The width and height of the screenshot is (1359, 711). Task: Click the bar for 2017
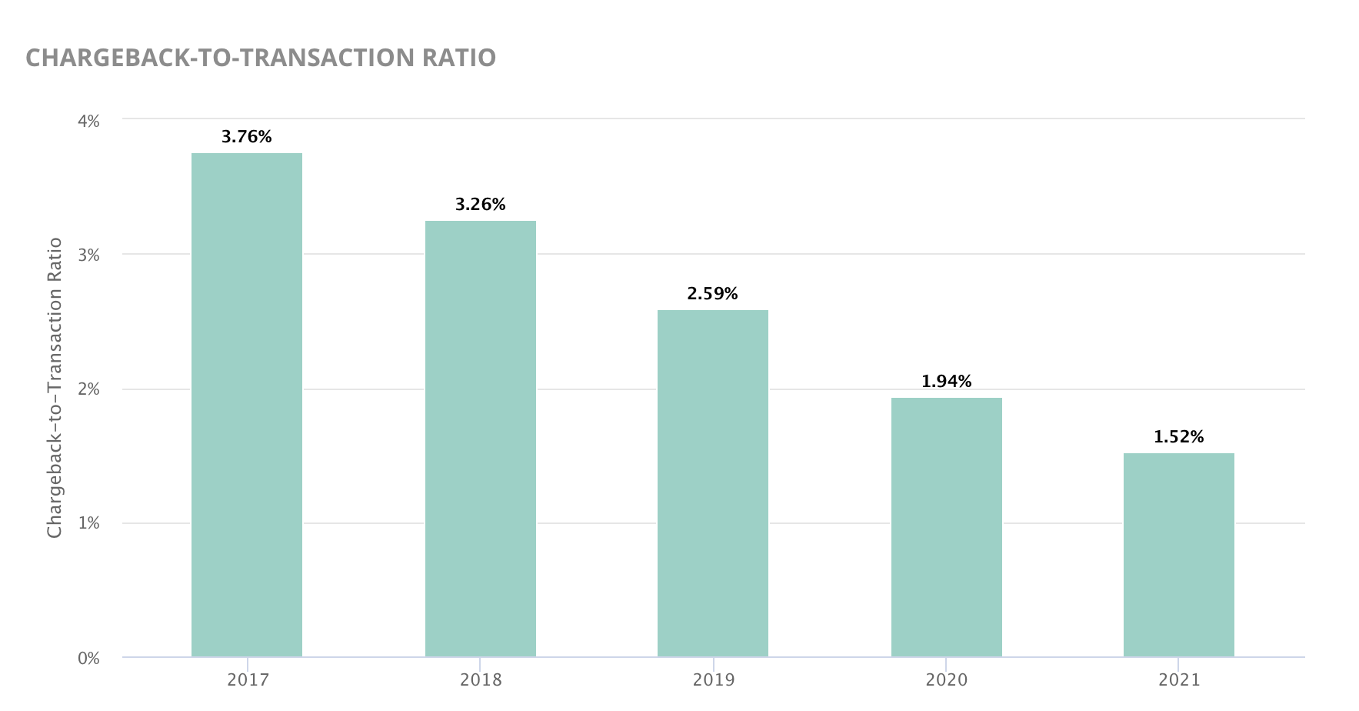[247, 405]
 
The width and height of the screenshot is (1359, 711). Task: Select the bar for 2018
[481, 439]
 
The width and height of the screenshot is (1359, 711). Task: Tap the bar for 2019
[713, 483]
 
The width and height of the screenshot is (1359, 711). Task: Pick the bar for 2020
[947, 527]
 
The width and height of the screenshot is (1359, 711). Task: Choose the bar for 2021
[1179, 555]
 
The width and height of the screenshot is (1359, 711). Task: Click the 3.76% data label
[247, 137]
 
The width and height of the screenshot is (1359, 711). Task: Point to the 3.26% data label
[481, 205]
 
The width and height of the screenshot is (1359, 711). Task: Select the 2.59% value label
[713, 294]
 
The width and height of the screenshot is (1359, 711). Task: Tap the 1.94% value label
[947, 382]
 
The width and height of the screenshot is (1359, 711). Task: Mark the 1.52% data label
[1179, 437]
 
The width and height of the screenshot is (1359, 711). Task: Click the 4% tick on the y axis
[88, 121]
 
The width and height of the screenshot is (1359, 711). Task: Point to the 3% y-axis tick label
[88, 255]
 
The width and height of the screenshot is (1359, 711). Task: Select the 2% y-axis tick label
[88, 389]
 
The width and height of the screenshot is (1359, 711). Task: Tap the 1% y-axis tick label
[88, 524]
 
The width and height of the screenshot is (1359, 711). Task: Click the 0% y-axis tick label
[88, 659]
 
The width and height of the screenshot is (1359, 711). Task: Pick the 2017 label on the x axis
[248, 680]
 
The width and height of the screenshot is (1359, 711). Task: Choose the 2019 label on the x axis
[714, 680]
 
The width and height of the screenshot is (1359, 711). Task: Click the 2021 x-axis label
[1179, 680]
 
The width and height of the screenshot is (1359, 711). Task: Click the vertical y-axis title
[55, 388]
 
